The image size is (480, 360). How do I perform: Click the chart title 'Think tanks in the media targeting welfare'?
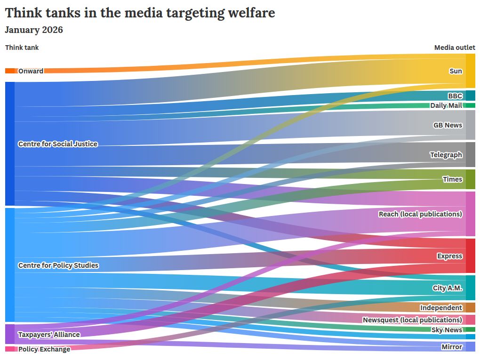(140, 13)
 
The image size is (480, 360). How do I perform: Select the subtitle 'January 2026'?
(34, 30)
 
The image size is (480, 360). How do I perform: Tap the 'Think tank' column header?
(22, 48)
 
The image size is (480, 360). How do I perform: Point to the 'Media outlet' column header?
(454, 48)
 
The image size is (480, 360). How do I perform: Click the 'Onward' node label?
(31, 71)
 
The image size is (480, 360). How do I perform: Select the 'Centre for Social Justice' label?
(58, 144)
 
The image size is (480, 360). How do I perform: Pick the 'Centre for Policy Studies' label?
(58, 265)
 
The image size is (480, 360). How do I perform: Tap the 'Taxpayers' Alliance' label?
(49, 335)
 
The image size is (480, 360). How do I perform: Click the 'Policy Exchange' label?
(44, 349)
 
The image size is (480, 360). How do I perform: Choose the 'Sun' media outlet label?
(456, 71)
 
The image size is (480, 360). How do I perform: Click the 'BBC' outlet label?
(455, 96)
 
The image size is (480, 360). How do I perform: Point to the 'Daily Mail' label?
(446, 105)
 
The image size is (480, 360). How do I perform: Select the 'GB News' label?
(448, 125)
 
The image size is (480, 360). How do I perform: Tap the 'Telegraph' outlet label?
(446, 155)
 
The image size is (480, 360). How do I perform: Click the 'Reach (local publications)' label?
(420, 214)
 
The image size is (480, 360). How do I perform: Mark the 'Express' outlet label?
(449, 256)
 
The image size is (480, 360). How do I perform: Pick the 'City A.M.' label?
(448, 288)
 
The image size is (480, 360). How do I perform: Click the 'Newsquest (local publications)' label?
(412, 320)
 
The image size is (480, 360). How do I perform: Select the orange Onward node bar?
(10, 71)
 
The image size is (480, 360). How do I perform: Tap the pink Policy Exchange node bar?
(10, 349)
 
